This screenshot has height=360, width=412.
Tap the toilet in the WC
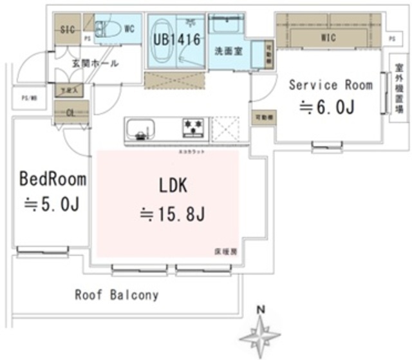(x=107, y=28)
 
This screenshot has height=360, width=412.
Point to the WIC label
(x=330, y=37)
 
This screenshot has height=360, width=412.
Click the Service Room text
(x=330, y=84)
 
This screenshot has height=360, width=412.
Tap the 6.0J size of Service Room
(x=326, y=108)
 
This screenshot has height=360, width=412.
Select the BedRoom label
(x=48, y=178)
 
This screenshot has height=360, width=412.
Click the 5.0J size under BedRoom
(x=51, y=205)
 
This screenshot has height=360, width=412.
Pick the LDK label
(x=173, y=186)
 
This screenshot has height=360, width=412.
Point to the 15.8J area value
(x=173, y=214)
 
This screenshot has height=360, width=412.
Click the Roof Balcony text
(x=117, y=296)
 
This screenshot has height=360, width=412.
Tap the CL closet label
(x=70, y=111)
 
